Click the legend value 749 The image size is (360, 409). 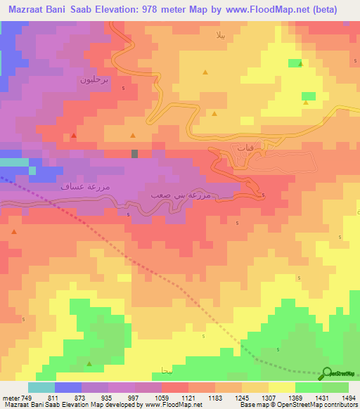point(27,396)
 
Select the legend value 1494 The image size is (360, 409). point(347,396)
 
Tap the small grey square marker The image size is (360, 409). point(134,153)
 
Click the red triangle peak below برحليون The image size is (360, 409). point(74,135)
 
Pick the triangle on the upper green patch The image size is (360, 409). point(300,64)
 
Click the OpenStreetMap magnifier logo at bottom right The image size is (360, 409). point(328,373)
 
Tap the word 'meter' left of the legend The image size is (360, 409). point(11,396)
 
